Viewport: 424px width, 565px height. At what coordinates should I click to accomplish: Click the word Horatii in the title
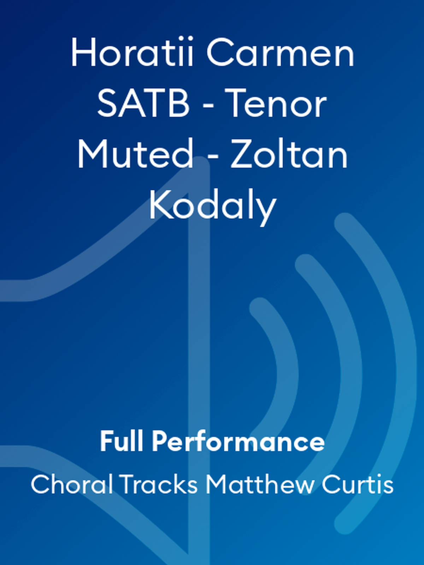[x=132, y=53]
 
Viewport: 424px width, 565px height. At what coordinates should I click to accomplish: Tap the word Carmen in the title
[x=280, y=53]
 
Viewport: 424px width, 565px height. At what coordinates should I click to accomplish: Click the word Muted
[x=135, y=155]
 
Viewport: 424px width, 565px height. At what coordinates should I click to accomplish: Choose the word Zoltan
[x=289, y=155]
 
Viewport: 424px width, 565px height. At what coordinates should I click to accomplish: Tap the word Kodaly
[x=212, y=206]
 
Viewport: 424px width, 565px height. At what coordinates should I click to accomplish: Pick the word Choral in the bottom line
[x=72, y=484]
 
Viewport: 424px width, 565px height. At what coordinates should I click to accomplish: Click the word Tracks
[x=158, y=484]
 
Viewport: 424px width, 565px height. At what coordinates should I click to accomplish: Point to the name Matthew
[x=259, y=484]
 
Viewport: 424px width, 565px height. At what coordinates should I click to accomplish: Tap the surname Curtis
[x=358, y=484]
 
